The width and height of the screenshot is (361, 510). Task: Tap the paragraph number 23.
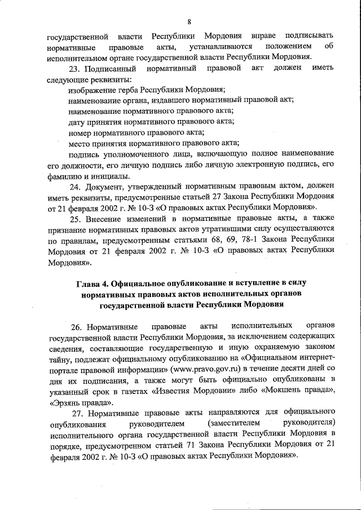point(74,68)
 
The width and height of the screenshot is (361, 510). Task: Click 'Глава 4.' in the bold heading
point(93,283)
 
